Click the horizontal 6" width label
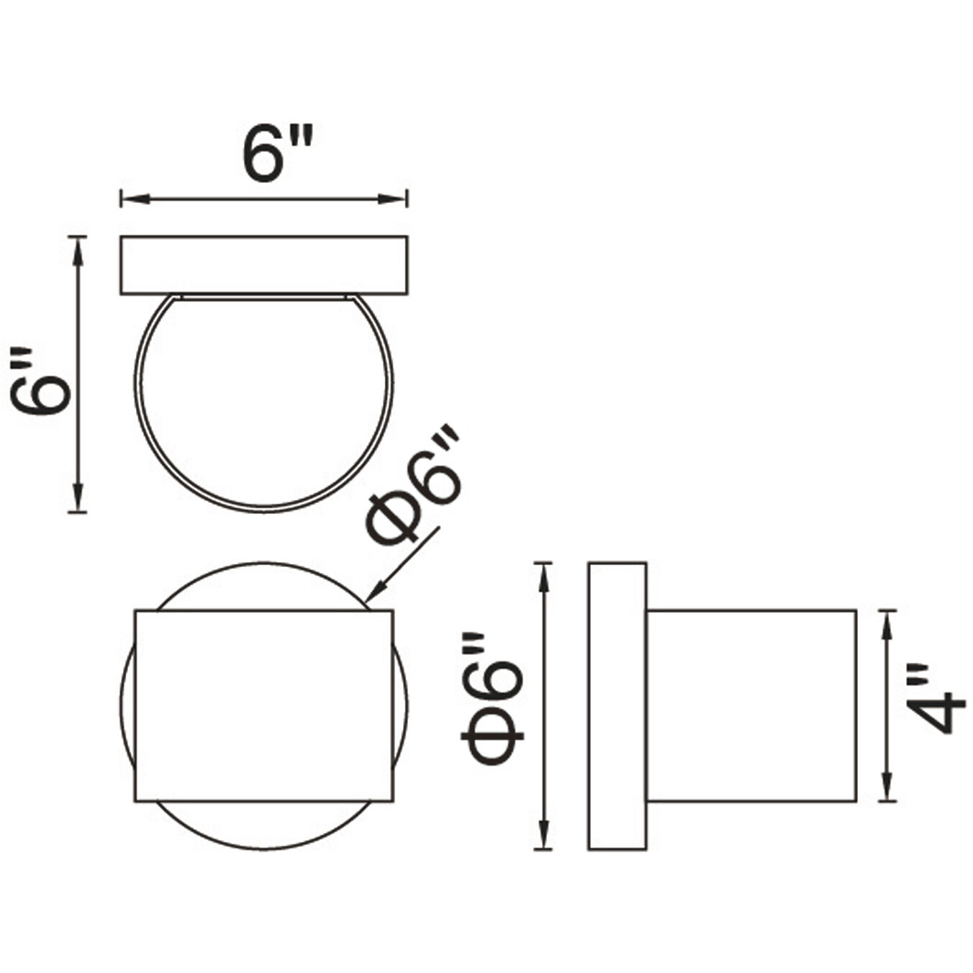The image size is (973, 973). pyautogui.click(x=277, y=154)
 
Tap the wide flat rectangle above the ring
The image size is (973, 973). pyautogui.click(x=263, y=265)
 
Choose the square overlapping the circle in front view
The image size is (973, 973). pyautogui.click(x=263, y=705)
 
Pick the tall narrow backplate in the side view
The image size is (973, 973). pyautogui.click(x=617, y=705)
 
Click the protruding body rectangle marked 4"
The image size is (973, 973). pyautogui.click(x=751, y=705)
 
